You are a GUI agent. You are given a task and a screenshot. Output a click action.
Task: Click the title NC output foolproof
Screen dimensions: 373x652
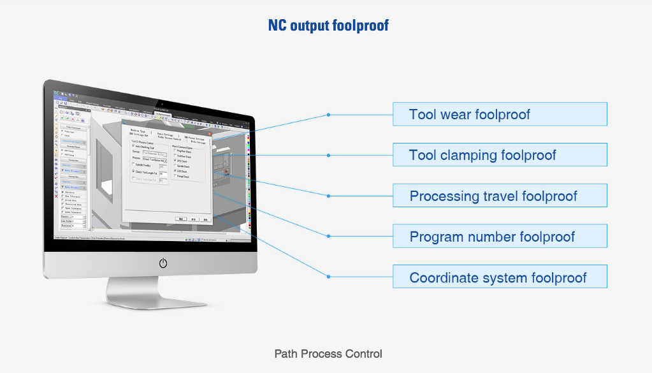click(x=329, y=26)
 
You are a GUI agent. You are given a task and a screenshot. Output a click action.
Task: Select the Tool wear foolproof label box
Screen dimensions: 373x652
click(x=500, y=114)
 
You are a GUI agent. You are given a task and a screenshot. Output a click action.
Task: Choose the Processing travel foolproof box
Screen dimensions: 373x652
click(x=500, y=196)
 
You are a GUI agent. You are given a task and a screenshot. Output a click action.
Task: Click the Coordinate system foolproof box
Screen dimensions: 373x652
click(x=500, y=278)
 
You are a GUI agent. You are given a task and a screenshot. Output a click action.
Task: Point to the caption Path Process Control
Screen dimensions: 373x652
click(x=328, y=353)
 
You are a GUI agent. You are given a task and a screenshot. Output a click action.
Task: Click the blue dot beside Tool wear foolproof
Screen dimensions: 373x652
click(x=328, y=115)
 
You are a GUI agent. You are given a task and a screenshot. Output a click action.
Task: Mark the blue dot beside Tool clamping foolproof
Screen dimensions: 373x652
click(x=328, y=155)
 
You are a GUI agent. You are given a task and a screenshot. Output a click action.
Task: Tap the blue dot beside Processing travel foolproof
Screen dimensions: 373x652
click(x=328, y=196)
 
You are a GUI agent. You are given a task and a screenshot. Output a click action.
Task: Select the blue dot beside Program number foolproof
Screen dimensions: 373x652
click(x=328, y=236)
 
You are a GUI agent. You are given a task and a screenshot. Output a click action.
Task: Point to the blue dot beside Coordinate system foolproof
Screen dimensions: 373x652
click(x=328, y=277)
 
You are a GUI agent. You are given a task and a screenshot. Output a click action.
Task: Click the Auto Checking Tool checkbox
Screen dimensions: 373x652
click(x=133, y=146)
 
